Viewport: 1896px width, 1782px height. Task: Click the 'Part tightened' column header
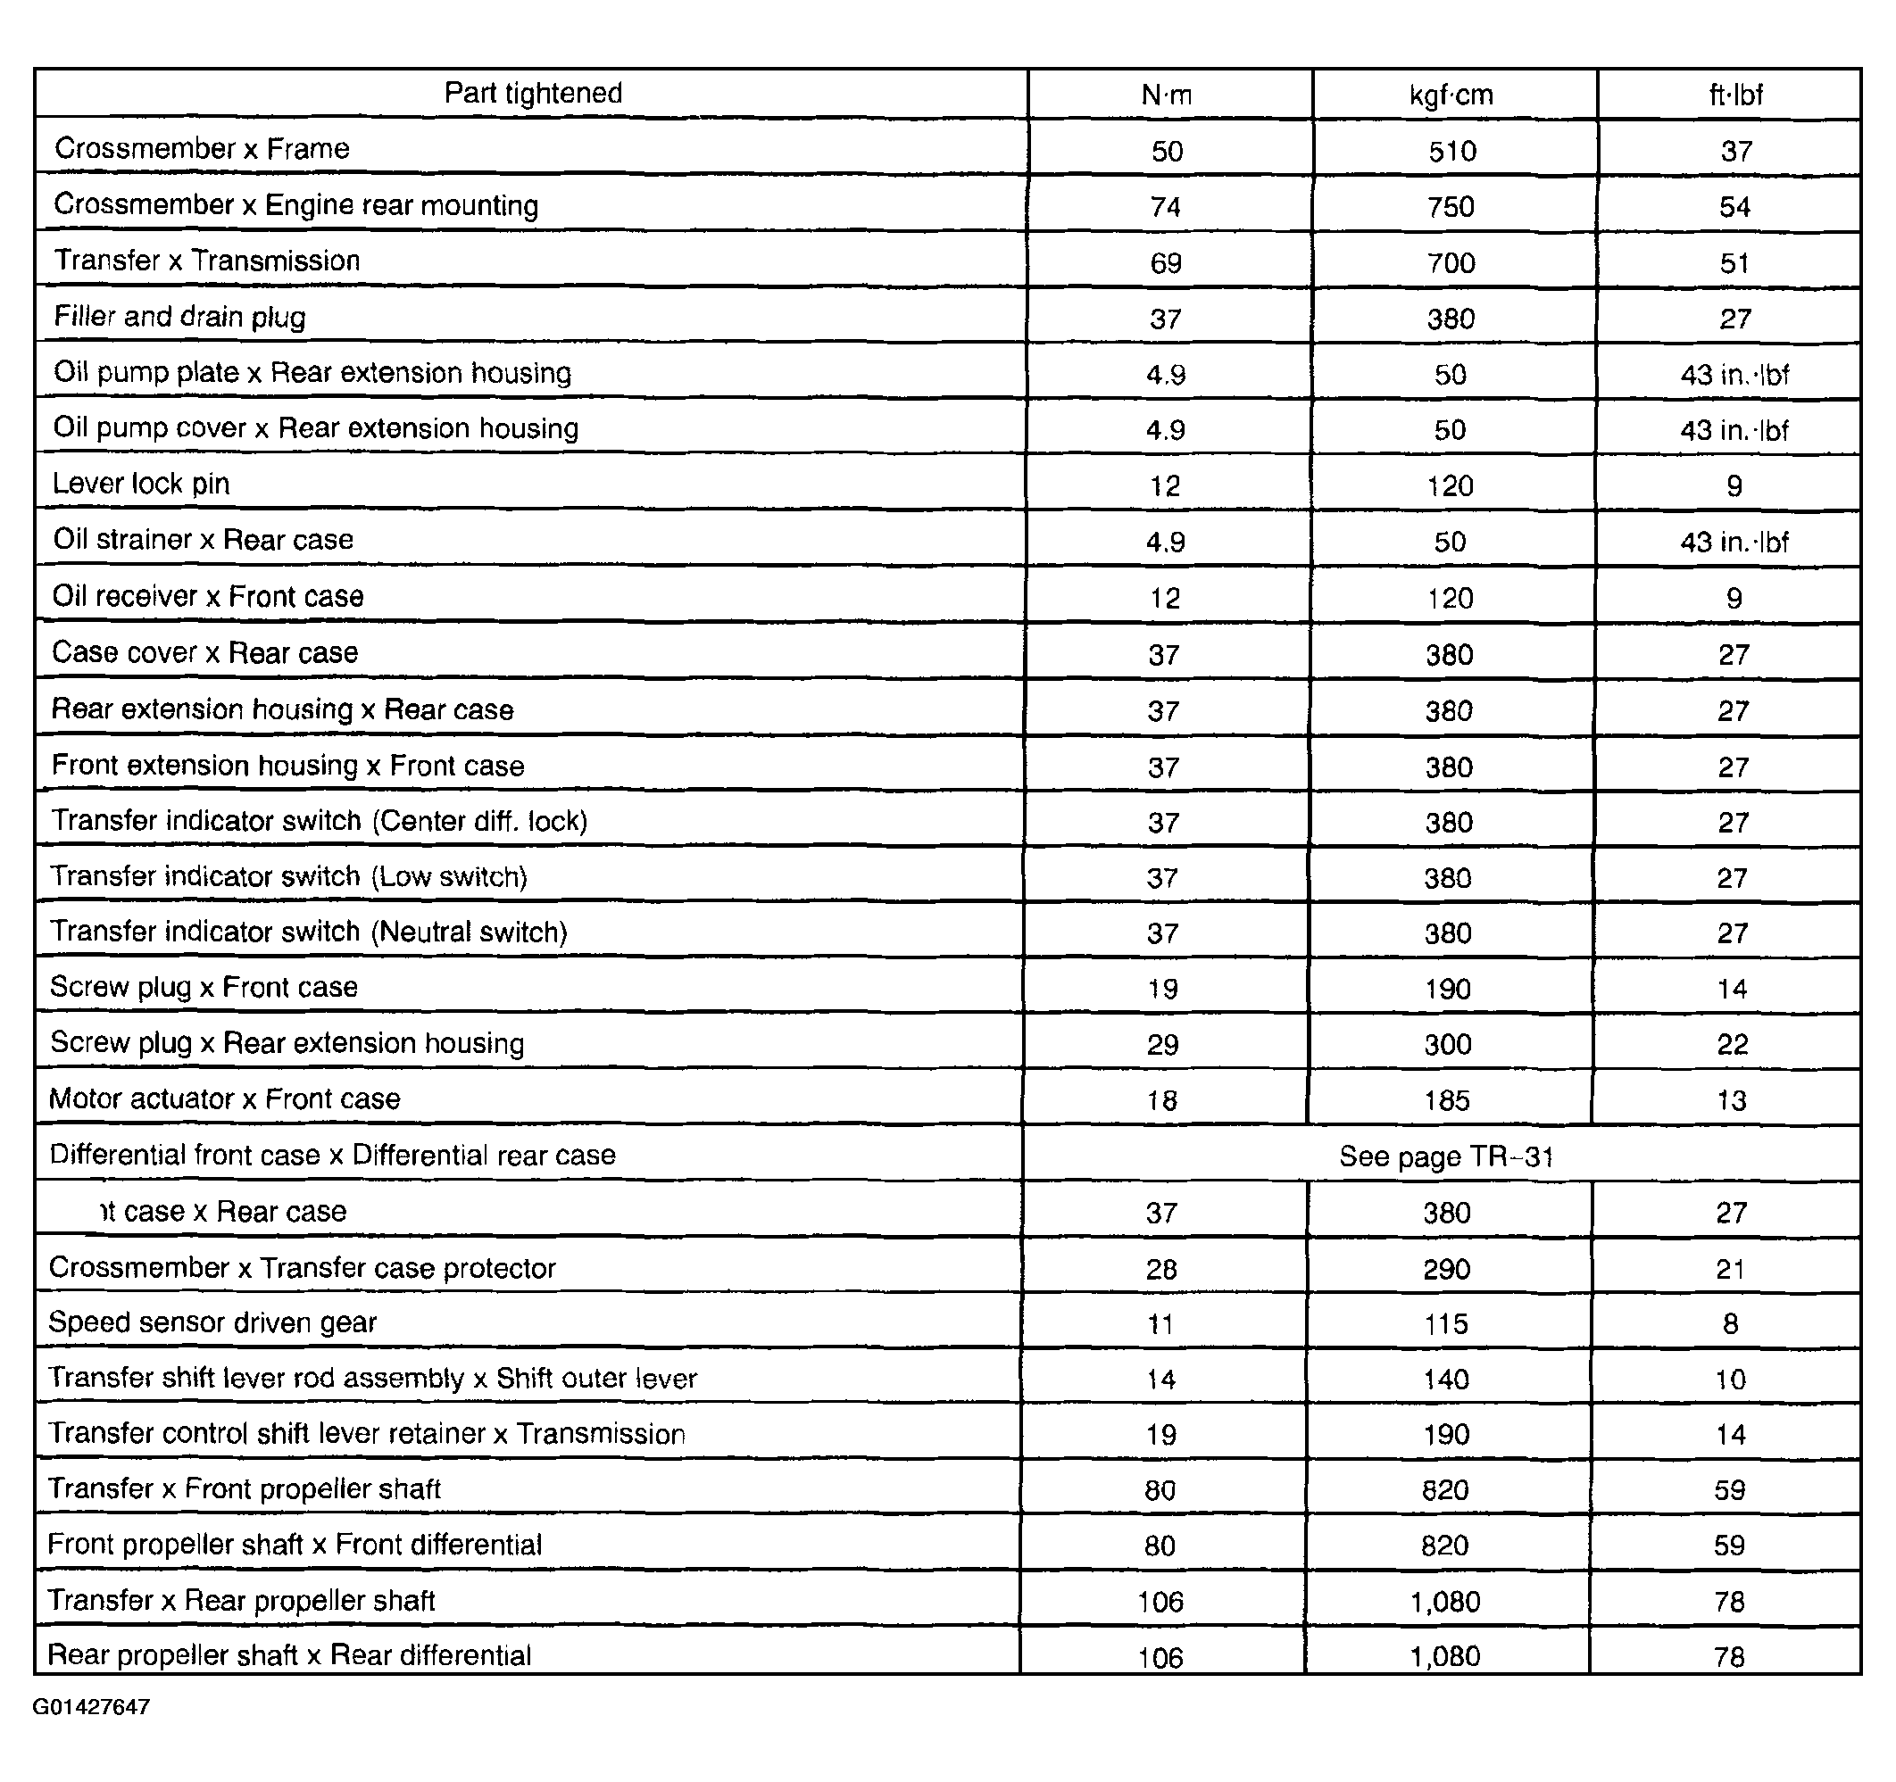533,94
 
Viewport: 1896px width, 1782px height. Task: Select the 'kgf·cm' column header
1451,95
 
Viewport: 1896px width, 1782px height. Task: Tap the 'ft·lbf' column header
1734,95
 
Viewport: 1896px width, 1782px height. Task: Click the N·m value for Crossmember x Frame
1167,152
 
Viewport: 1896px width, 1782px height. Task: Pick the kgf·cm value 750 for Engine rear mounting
1451,207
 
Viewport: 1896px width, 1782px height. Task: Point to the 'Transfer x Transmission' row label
207,261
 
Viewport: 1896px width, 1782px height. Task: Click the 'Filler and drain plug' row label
179,317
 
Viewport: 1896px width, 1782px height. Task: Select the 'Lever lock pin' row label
141,485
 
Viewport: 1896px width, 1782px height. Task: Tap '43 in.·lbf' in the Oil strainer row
1734,543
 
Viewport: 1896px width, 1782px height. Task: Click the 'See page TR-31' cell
1446,1156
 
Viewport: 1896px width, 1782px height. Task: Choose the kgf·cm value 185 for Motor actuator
1447,1100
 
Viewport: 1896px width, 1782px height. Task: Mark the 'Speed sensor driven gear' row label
212,1322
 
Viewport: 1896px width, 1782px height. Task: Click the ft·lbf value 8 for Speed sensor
1730,1323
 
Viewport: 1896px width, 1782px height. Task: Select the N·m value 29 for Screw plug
1162,1045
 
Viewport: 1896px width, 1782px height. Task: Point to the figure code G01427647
92,1707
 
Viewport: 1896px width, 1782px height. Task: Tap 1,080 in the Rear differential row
1445,1656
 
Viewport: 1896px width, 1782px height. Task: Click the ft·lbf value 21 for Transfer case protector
1730,1269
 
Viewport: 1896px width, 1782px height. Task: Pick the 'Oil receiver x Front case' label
208,597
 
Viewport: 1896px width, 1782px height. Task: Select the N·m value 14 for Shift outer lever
1160,1379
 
